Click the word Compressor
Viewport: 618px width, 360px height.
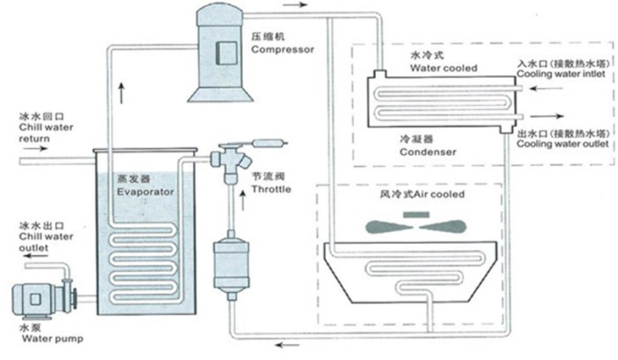coord(283,49)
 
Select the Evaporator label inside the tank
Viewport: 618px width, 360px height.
coord(146,192)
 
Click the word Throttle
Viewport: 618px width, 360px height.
coord(272,189)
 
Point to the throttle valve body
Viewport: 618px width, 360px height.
coord(231,158)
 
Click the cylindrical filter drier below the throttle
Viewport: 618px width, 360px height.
coord(229,260)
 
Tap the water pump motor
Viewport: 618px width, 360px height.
coord(33,297)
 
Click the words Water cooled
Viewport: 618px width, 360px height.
coord(439,68)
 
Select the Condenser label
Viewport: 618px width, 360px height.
coord(428,151)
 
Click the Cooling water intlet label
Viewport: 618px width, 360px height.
coord(562,74)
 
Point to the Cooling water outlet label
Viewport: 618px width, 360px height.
coord(562,143)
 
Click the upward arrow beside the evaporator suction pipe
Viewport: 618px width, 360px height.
coord(124,91)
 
